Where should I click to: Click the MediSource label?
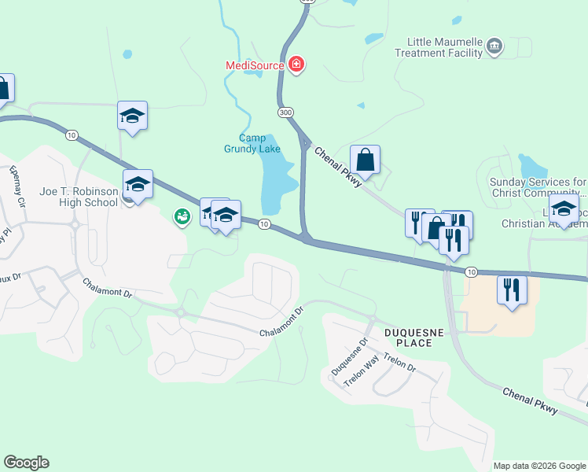(254, 65)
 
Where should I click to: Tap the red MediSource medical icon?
(296, 65)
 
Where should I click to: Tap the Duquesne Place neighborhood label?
(408, 337)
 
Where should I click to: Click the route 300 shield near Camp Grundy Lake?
(285, 113)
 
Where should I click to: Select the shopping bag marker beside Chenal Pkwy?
(366, 160)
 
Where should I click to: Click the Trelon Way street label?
(362, 371)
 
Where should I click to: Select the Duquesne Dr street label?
(349, 358)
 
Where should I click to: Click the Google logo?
(26, 463)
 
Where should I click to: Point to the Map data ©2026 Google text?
(539, 466)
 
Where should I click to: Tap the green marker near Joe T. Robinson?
(182, 216)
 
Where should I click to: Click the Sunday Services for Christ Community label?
(538, 187)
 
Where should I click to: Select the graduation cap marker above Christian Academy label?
(564, 209)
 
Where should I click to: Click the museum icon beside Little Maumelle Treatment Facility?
(494, 46)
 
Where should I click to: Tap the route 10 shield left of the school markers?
(72, 135)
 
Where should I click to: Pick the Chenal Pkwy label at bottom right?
(530, 400)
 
